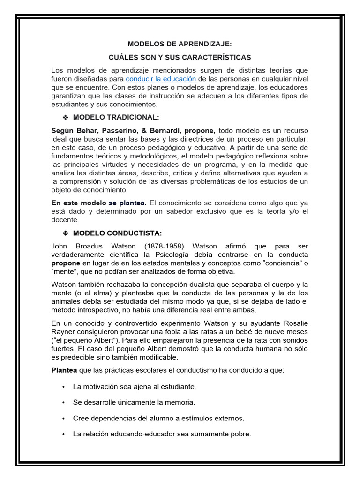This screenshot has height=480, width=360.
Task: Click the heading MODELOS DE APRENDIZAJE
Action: pyautogui.click(x=180, y=44)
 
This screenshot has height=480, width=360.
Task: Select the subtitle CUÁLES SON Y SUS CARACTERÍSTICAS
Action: pyautogui.click(x=180, y=57)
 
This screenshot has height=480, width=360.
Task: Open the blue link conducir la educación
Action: pyautogui.click(x=161, y=79)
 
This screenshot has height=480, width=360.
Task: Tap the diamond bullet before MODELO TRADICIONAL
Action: pyautogui.click(x=66, y=117)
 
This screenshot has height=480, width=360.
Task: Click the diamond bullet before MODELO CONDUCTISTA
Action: pyautogui.click(x=66, y=233)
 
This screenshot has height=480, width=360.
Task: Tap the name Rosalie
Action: pyautogui.click(x=294, y=323)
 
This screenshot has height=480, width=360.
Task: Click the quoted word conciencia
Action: pyautogui.click(x=279, y=263)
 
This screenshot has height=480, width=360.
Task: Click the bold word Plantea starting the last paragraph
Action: pyautogui.click(x=64, y=370)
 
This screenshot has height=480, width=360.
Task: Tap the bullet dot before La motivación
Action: pyautogui.click(x=63, y=387)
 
